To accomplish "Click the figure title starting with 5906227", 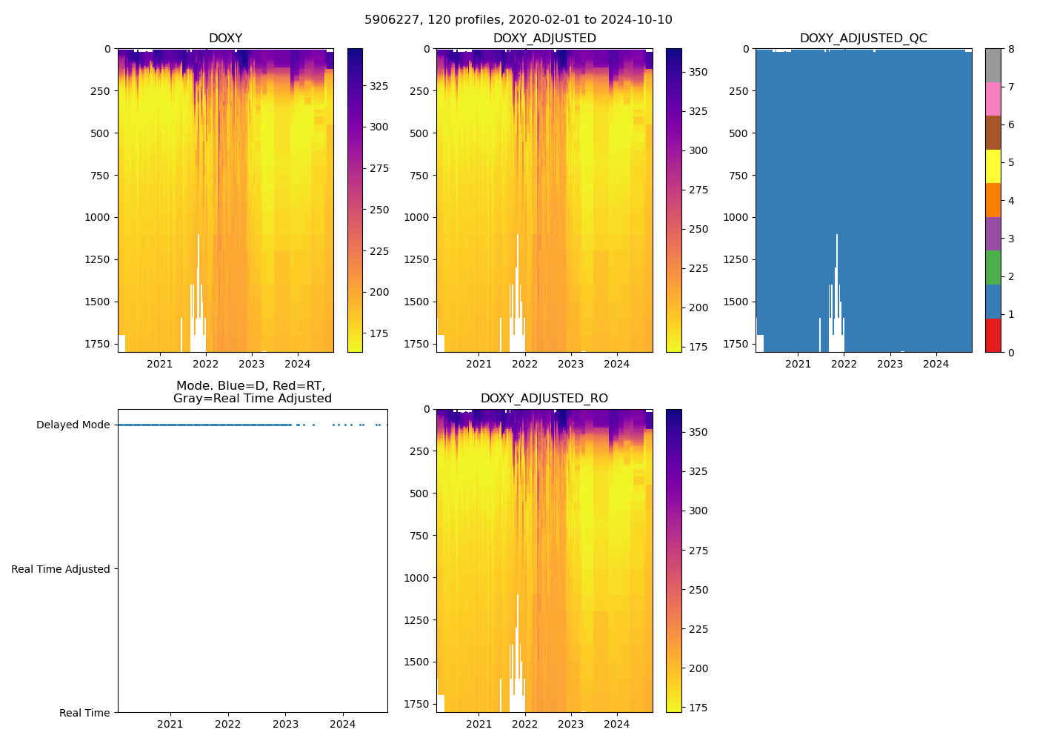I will (x=518, y=20).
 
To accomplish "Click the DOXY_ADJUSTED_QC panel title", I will (x=863, y=39).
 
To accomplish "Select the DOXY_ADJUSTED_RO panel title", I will (x=544, y=399).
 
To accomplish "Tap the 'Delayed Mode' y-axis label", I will (x=73, y=425).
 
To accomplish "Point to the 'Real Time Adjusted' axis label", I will (x=61, y=569).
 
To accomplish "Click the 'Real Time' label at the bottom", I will (x=84, y=713).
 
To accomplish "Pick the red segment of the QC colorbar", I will (x=993, y=335).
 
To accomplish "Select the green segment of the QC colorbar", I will (x=993, y=268).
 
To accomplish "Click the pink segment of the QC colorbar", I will (x=993, y=99).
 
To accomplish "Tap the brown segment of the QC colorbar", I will (x=993, y=133).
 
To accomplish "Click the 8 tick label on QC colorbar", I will (x=1011, y=49).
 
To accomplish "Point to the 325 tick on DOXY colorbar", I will (x=379, y=86).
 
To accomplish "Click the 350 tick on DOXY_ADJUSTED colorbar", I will (x=698, y=73).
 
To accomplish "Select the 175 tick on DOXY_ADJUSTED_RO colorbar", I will (x=698, y=708).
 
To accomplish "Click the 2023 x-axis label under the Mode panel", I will (x=285, y=724).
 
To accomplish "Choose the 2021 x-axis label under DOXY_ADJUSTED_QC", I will (x=798, y=364).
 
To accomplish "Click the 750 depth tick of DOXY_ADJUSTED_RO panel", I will (x=420, y=536).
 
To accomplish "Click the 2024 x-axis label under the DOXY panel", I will (x=298, y=364).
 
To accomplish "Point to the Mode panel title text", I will (x=252, y=392).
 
